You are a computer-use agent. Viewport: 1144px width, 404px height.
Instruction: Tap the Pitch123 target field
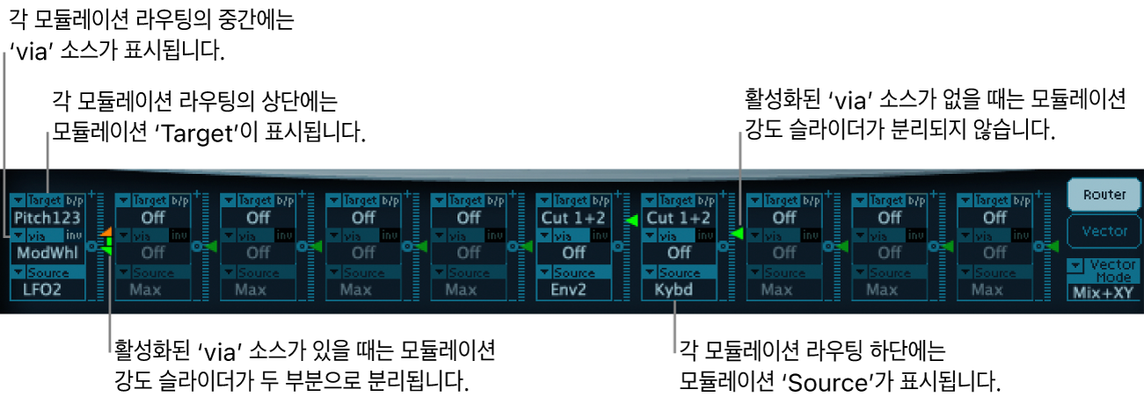(49, 216)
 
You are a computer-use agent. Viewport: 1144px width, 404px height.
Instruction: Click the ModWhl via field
(49, 252)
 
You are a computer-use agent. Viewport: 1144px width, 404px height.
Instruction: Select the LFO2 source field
(49, 289)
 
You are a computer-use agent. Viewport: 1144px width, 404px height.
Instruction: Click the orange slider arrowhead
(105, 233)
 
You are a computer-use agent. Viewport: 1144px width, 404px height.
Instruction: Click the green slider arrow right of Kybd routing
(737, 233)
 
